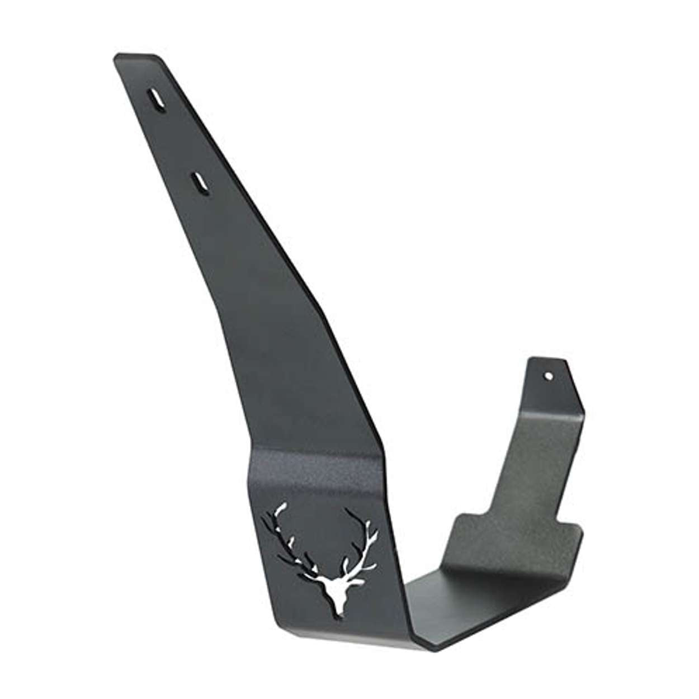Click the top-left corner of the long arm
click(x=116, y=57)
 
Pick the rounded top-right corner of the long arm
click(x=158, y=58)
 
